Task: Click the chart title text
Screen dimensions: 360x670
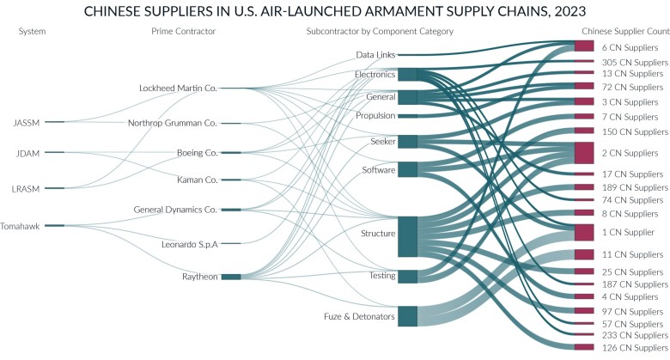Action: [335, 11]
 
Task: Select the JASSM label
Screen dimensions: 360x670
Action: [27, 122]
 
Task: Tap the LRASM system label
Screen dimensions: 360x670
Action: [27, 187]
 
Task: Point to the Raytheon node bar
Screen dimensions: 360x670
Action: [231, 277]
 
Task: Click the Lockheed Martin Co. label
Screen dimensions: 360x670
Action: [178, 88]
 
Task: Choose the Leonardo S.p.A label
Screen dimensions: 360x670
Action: [190, 244]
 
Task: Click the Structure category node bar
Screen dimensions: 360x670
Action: [408, 236]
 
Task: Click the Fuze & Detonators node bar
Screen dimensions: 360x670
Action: [408, 316]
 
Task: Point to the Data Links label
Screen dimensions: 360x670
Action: [375, 55]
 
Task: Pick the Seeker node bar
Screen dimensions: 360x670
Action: [408, 141]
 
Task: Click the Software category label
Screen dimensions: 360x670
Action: [378, 170]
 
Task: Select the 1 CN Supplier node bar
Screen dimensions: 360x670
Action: [583, 232]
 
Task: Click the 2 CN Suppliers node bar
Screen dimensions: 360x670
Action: [583, 153]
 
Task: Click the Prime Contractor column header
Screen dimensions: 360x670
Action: [183, 32]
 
